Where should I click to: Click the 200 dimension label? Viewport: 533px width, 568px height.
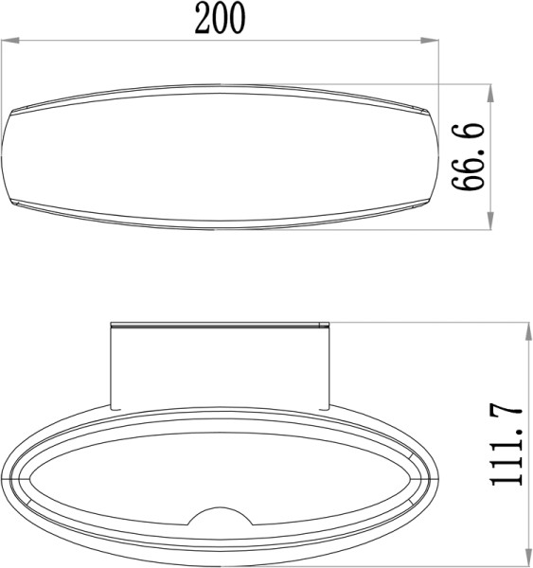tap(221, 19)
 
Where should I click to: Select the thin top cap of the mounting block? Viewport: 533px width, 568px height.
tap(220, 326)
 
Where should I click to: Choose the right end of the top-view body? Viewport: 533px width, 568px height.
tap(437, 156)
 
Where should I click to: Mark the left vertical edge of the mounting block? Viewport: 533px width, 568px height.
tap(112, 364)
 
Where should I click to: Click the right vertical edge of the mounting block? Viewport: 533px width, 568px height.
tap(329, 364)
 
